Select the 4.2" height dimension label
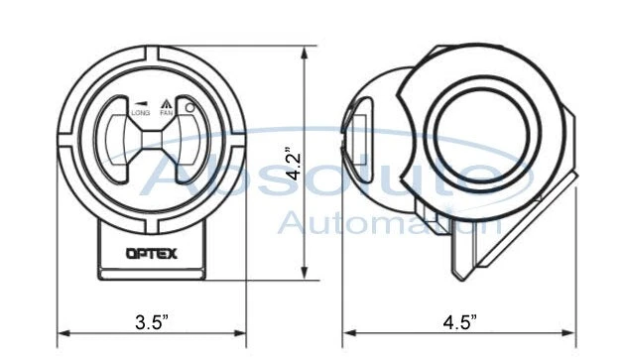click(x=291, y=162)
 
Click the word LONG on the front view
click(x=140, y=113)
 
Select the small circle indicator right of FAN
click(x=187, y=108)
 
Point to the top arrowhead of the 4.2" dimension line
click(x=304, y=47)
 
